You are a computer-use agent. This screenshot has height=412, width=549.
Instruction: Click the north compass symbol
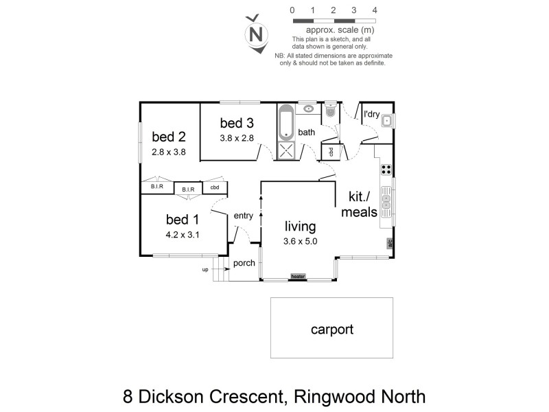pos(257,33)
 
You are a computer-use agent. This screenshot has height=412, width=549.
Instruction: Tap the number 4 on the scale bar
pos(374,10)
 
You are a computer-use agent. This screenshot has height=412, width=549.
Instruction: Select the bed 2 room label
pos(170,136)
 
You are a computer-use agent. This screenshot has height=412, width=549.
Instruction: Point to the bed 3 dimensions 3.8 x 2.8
pos(237,137)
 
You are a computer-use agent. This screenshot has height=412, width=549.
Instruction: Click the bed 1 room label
pos(183,220)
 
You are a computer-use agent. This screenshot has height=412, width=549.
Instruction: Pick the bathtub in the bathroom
pos(286,123)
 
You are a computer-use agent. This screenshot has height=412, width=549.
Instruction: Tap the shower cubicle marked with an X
pos(286,151)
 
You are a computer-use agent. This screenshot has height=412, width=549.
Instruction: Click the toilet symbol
pos(331,111)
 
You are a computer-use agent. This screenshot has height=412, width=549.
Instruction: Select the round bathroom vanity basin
pos(309,108)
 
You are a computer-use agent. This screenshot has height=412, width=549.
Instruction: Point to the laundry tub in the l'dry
pos(386,122)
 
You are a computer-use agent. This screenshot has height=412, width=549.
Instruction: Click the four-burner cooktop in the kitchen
pos(386,170)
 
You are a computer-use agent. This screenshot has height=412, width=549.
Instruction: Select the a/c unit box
pos(389,242)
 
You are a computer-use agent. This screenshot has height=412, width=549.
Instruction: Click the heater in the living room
pos(297,277)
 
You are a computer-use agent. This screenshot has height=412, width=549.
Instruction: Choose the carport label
pos(331,330)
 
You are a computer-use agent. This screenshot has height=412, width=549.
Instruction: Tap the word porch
pos(244,263)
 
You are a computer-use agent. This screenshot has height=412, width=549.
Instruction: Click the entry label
pos(244,216)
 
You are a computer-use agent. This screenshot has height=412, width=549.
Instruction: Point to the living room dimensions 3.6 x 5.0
pos(299,241)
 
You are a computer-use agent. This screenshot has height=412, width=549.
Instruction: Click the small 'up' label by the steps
pos(205,270)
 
